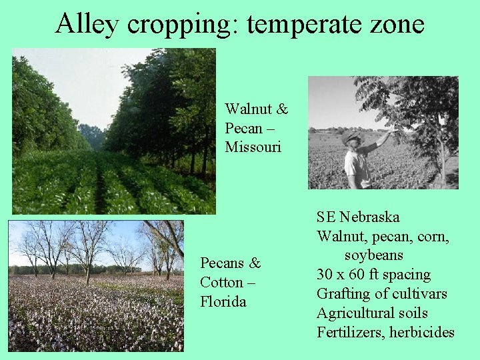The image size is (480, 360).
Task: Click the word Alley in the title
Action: [87, 24]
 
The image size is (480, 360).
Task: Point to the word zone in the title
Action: [397, 25]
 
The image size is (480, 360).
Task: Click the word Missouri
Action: [253, 147]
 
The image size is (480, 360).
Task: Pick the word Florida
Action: [223, 301]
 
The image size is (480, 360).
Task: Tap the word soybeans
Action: [374, 255]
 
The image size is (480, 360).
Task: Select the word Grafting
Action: [344, 294]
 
